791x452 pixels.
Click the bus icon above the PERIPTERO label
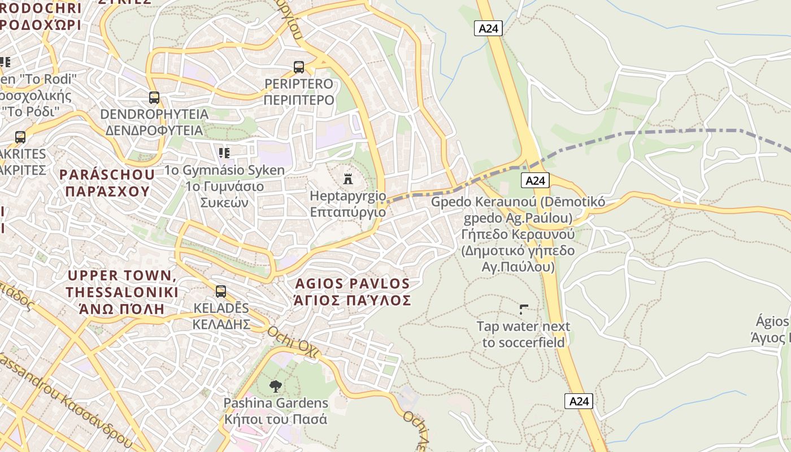click(x=299, y=67)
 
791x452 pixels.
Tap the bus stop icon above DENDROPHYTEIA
click(x=154, y=97)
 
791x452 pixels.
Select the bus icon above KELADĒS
click(x=221, y=292)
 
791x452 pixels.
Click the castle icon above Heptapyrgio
click(x=348, y=179)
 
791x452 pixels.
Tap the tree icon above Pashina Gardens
click(x=276, y=386)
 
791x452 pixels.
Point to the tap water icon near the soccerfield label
click(x=524, y=309)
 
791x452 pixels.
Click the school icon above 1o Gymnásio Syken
click(x=224, y=153)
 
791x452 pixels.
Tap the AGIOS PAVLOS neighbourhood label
click(x=352, y=283)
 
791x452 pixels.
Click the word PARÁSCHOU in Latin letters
click(x=107, y=175)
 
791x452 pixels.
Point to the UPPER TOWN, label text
click(x=121, y=276)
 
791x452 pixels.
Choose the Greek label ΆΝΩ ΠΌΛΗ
click(x=121, y=309)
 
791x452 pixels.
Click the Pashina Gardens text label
click(x=276, y=403)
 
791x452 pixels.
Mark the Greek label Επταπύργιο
click(x=347, y=212)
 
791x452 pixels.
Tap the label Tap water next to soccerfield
click(x=523, y=334)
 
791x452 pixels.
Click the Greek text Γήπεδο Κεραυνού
click(x=518, y=234)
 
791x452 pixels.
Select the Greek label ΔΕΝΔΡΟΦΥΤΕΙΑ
click(x=154, y=131)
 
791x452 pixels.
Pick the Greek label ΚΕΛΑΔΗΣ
click(x=221, y=324)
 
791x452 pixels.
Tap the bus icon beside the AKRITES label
click(x=20, y=137)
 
